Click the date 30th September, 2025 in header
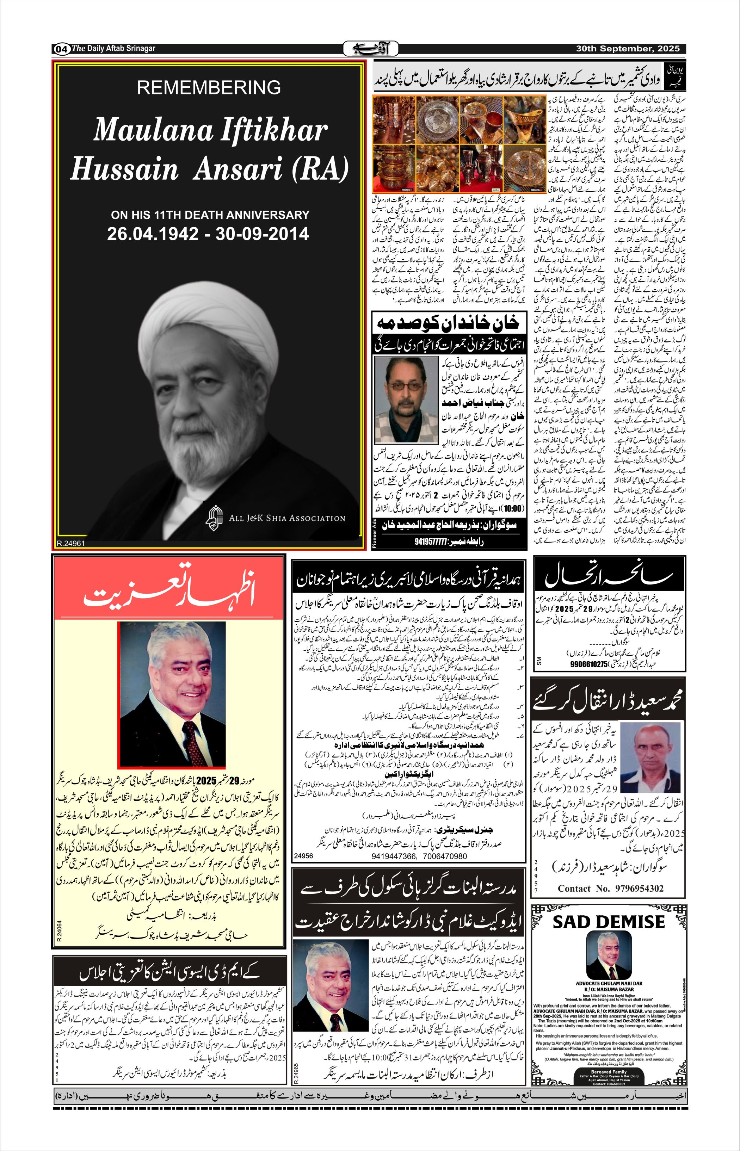[x=628, y=49]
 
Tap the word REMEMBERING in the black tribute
[x=209, y=87]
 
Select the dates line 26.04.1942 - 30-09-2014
[x=208, y=234]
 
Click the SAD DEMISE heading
[x=608, y=922]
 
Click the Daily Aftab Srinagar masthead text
[x=113, y=49]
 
